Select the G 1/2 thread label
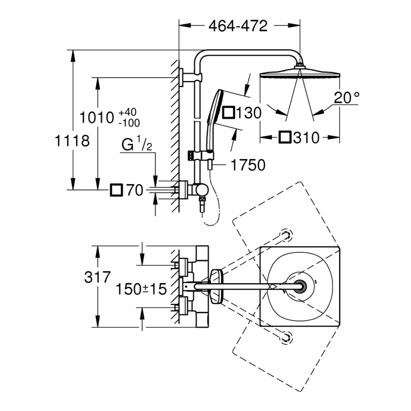pos(136,145)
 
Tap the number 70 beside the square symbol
pos(135,190)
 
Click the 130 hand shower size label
pos(249,113)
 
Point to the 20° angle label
pos(346,98)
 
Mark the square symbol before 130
pos(229,113)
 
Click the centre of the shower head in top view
pos(300,286)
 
